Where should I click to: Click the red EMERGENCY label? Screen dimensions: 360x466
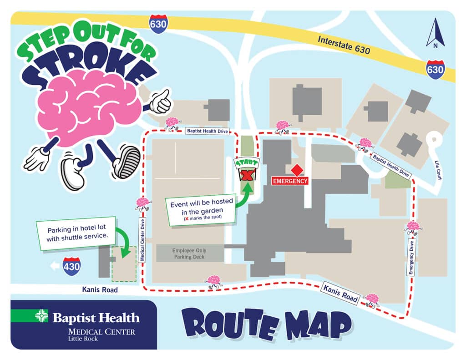[x=290, y=181]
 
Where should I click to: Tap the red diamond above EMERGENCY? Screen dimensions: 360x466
[x=297, y=171]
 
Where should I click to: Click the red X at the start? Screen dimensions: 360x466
[x=247, y=175]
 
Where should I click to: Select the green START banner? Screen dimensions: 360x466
[x=246, y=162]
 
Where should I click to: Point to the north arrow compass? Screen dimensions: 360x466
[x=436, y=33]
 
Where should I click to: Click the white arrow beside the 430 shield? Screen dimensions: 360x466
[x=55, y=266]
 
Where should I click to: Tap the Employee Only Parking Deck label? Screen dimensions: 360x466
[x=190, y=254]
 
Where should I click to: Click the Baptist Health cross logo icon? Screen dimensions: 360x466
[x=41, y=316]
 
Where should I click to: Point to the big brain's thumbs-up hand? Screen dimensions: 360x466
[x=160, y=101]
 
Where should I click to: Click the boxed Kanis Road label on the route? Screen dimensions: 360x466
[x=340, y=293]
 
